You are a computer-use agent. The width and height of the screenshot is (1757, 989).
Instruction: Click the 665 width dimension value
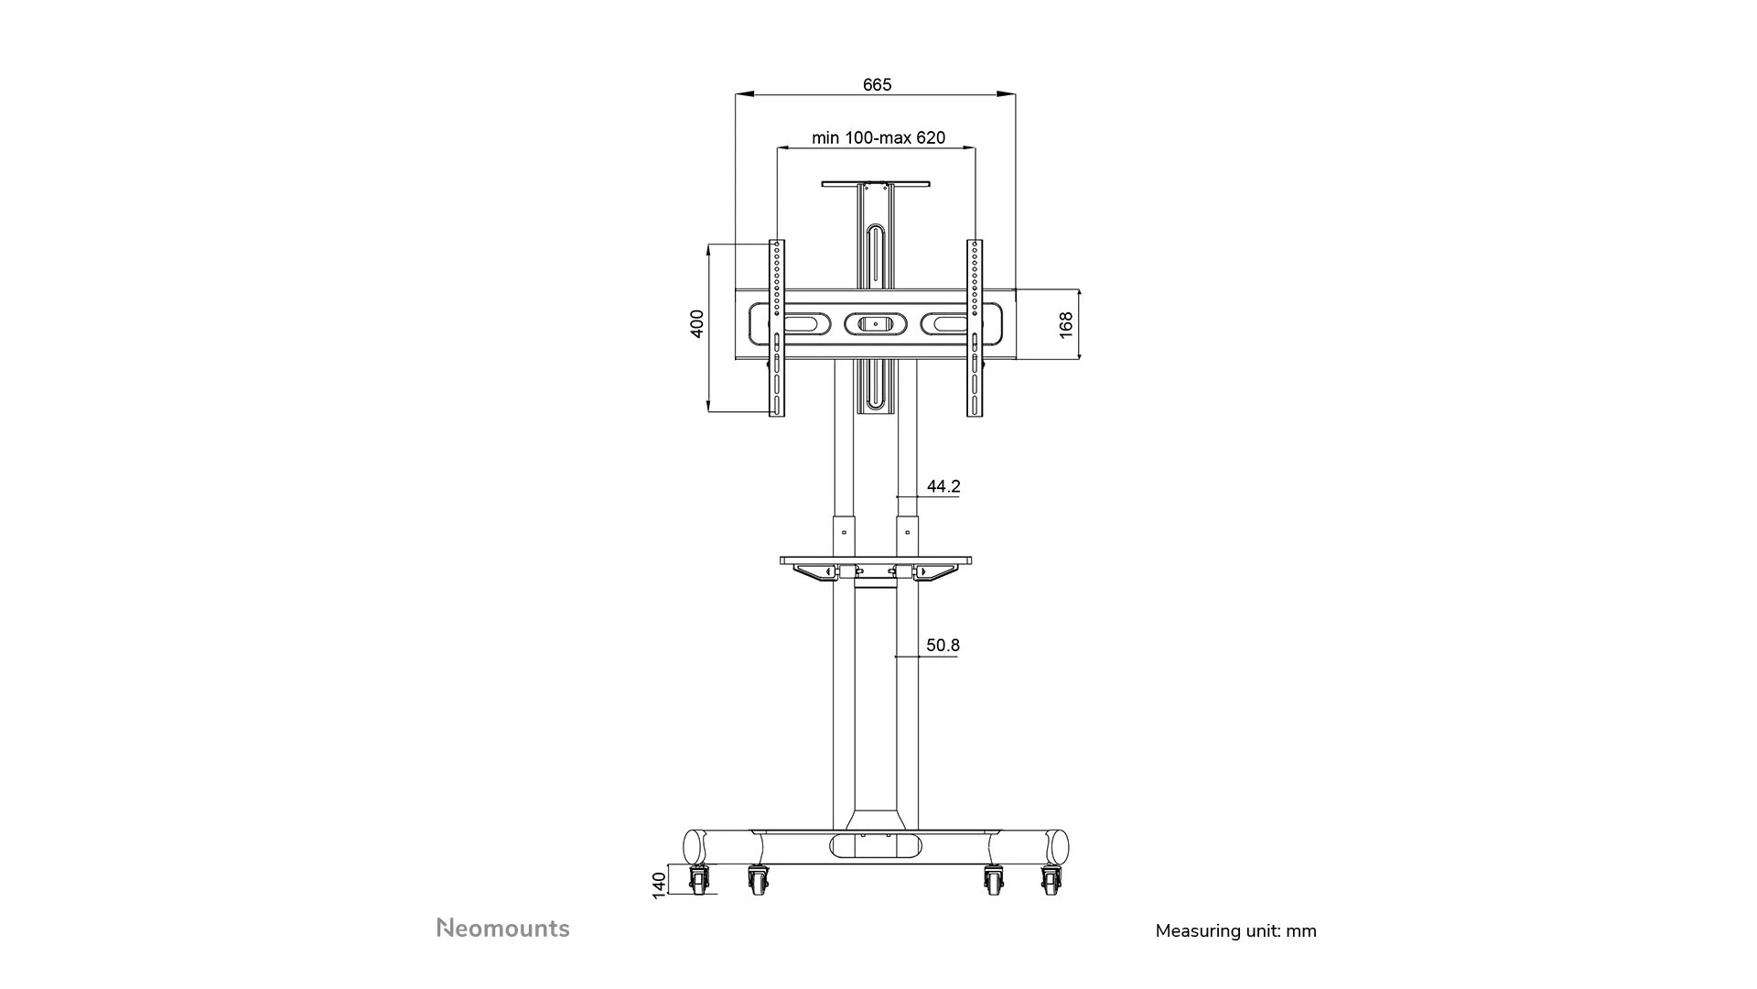(x=877, y=84)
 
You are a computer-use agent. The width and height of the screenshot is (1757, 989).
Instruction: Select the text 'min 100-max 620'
(x=878, y=138)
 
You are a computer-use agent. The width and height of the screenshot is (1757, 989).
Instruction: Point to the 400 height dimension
(x=697, y=323)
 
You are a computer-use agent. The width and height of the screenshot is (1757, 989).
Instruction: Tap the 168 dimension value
(x=1066, y=325)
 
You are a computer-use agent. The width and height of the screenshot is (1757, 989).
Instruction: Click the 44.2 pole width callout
(x=943, y=486)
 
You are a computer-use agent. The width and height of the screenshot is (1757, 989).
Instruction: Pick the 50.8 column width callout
(x=943, y=646)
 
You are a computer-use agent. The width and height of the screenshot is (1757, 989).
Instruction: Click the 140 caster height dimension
(x=659, y=885)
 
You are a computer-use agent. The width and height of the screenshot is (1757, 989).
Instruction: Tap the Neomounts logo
(x=502, y=928)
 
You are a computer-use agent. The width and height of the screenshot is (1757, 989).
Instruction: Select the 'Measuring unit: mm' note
(x=1235, y=931)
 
